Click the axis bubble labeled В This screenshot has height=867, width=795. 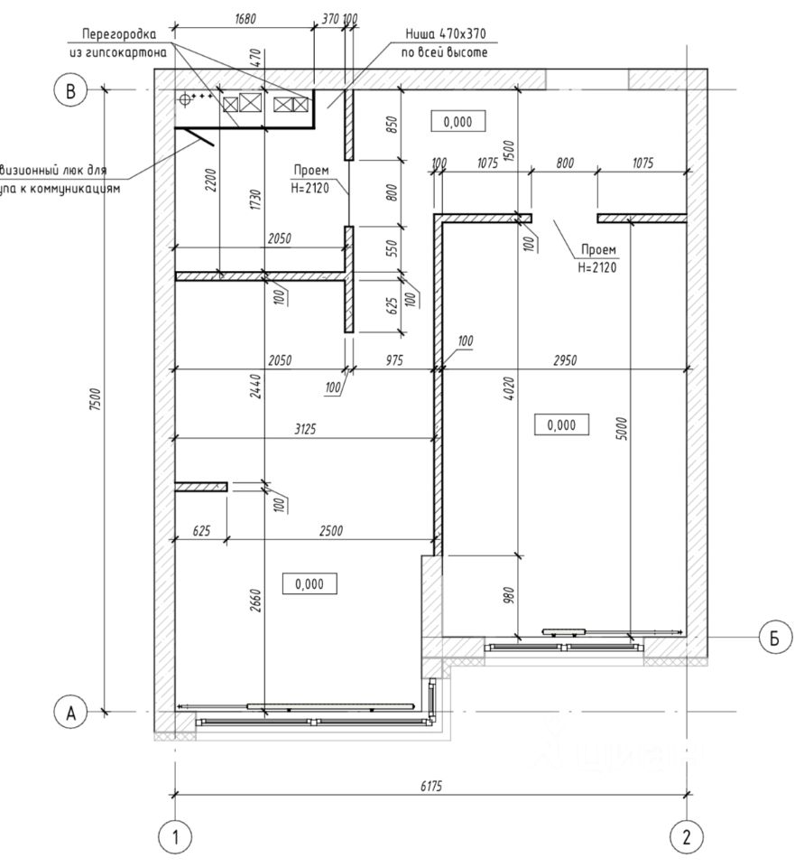(x=69, y=89)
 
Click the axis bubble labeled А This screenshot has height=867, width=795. (x=69, y=712)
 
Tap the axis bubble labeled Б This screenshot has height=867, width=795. (x=773, y=638)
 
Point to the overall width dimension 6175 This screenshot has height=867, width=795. (x=431, y=787)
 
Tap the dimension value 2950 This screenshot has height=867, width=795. (x=566, y=360)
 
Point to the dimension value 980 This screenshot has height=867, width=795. (x=509, y=595)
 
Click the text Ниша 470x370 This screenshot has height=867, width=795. (x=446, y=34)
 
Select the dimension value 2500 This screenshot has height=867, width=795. (x=331, y=531)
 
